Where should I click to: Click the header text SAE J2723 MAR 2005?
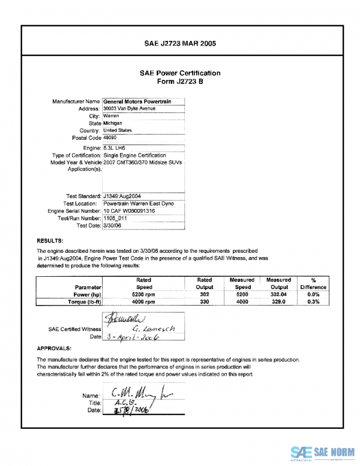pos(180,44)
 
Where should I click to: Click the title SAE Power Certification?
pos(180,73)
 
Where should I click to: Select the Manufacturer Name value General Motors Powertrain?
pos(137,102)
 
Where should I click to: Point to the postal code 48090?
pos(111,138)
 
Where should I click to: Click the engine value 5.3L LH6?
pos(116,148)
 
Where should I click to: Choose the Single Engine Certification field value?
pos(134,156)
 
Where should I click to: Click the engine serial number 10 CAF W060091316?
pos(129,211)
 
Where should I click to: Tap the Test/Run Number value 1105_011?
pos(115,219)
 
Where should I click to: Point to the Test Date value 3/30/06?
pos(113,226)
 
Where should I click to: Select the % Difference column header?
pos(313,283)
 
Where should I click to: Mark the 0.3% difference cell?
pos(313,302)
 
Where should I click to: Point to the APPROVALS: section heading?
pos(54,348)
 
